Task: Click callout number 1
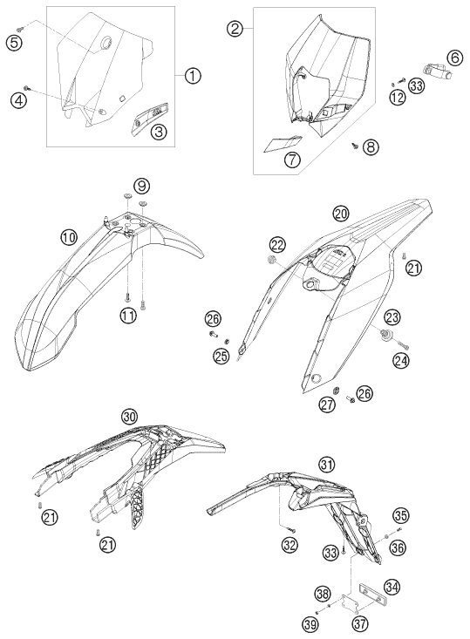193,75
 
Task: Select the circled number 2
235,29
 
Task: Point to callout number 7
292,160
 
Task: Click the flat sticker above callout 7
283,143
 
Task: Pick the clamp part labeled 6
437,70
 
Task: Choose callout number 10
69,237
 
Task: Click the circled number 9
141,187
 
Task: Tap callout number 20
341,213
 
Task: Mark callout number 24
401,359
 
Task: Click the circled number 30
129,417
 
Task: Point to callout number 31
326,464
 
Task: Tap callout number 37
361,623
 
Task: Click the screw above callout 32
291,529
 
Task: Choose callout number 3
159,132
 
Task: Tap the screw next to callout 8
355,144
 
